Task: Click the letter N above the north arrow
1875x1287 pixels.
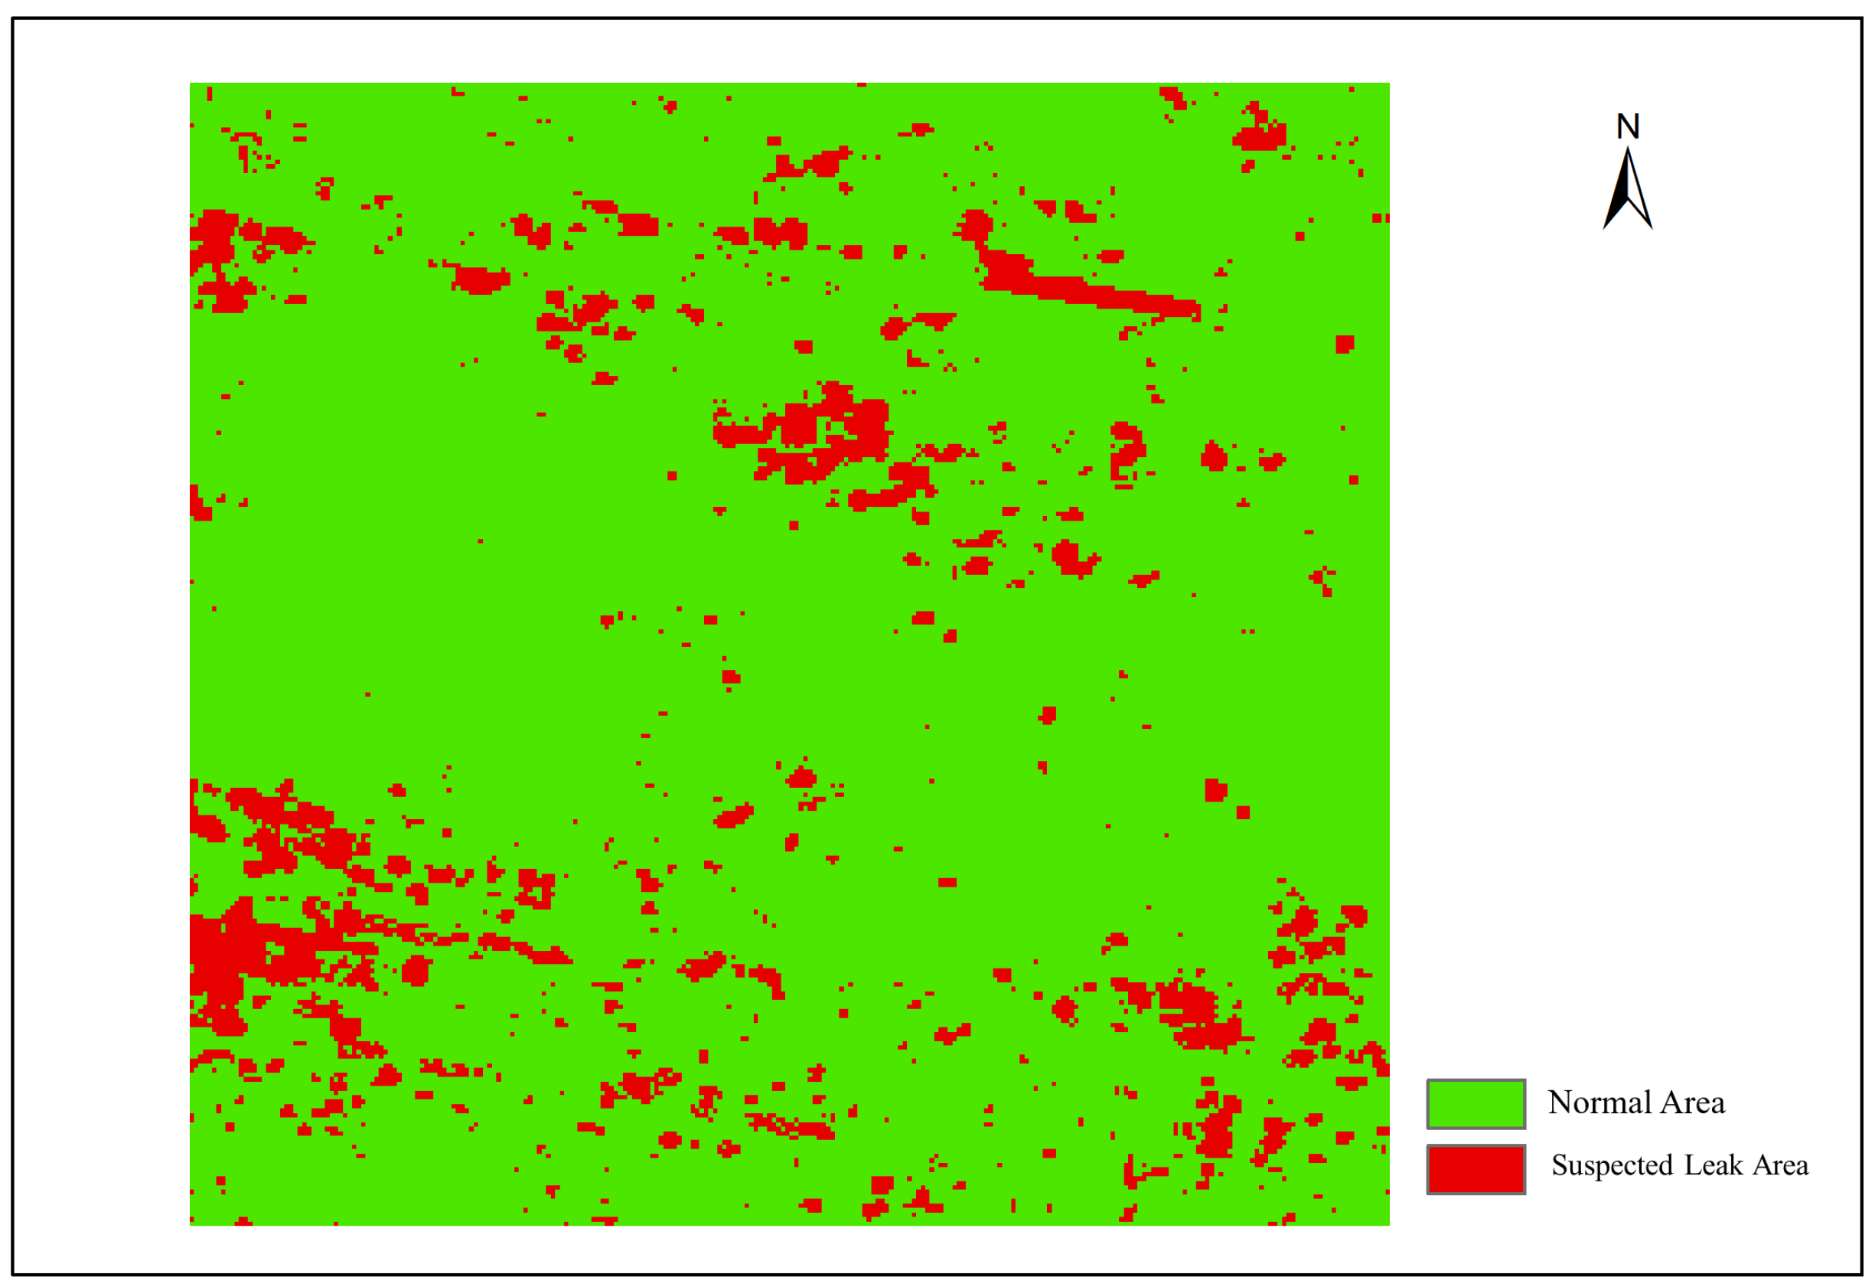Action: (x=1627, y=126)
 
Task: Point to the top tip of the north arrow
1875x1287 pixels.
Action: (x=1627, y=148)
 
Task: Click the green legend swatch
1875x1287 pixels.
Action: (x=1476, y=1104)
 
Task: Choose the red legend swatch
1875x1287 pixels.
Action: (x=1476, y=1169)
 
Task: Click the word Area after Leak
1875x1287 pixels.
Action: (x=1780, y=1165)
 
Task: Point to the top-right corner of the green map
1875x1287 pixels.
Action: (x=1388, y=83)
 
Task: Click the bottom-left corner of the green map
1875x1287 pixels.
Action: (x=191, y=1225)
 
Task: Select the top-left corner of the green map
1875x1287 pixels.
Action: (x=191, y=83)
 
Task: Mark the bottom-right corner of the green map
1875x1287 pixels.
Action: (x=1388, y=1225)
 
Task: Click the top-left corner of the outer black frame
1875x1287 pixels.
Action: (x=13, y=18)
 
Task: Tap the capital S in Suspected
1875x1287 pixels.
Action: (x=1559, y=1166)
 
